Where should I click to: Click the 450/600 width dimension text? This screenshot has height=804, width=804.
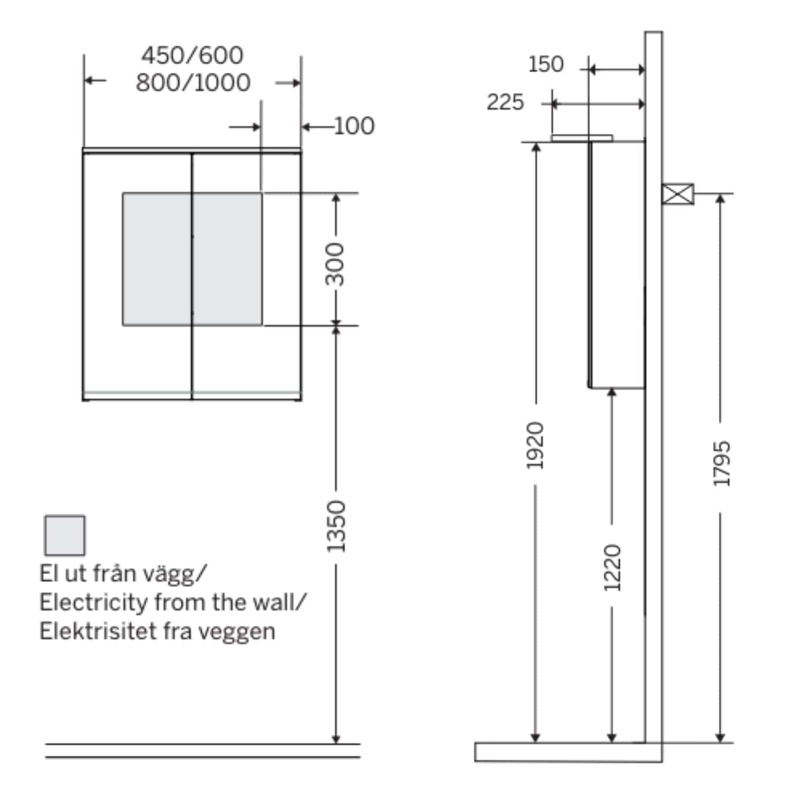(x=192, y=55)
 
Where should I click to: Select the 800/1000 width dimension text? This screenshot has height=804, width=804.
(x=193, y=83)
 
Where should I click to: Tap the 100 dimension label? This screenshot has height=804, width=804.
(x=354, y=126)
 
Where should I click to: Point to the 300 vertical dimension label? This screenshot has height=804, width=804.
(x=336, y=264)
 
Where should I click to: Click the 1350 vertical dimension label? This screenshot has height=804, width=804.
(x=336, y=526)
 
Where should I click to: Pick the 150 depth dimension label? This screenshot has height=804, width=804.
(x=546, y=64)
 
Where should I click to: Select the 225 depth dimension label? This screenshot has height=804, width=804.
(x=505, y=102)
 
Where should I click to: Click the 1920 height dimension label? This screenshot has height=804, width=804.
(x=535, y=445)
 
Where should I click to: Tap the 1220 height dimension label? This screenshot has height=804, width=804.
(x=612, y=568)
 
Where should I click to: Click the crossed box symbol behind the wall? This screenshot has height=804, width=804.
(x=678, y=194)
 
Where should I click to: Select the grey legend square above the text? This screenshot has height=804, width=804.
(x=65, y=535)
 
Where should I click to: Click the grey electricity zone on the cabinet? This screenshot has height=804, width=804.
(x=192, y=259)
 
